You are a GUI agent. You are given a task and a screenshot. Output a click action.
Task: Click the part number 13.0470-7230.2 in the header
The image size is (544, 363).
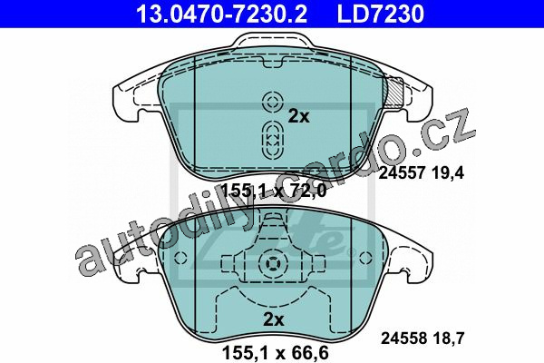(x=221, y=14)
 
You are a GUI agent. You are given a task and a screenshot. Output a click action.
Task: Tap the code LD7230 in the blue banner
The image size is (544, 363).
(x=380, y=14)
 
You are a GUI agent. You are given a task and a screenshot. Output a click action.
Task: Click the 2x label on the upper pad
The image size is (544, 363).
(x=298, y=117)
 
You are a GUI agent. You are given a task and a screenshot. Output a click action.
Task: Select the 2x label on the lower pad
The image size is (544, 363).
(x=274, y=319)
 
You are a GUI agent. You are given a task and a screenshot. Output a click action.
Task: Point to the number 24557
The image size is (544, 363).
(x=401, y=172)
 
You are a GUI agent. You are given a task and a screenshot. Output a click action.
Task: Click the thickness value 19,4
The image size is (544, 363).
(x=448, y=173)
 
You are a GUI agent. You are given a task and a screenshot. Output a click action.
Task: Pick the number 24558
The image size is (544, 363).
(x=404, y=338)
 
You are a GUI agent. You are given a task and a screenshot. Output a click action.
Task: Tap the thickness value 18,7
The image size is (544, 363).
(x=449, y=338)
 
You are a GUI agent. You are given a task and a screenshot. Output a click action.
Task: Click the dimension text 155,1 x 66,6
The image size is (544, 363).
(x=275, y=353)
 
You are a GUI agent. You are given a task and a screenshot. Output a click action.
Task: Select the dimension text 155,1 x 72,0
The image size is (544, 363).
(x=274, y=191)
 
